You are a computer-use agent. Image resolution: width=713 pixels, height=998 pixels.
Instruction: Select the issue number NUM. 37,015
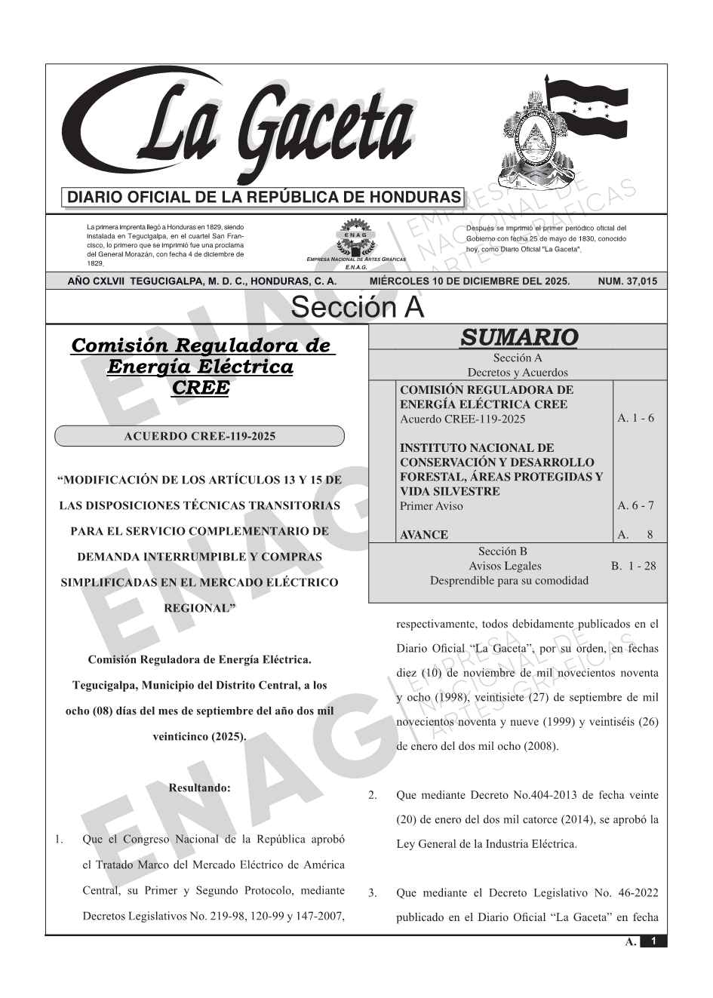pos(627,281)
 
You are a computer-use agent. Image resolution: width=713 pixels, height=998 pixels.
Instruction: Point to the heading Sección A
pos(357,308)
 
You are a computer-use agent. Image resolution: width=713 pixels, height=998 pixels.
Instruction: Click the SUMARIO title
pos(518,337)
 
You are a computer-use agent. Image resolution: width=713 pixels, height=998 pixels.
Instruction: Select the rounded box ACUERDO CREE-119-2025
pos(199,436)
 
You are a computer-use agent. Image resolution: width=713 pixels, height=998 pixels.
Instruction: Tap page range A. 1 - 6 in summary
pos(635,418)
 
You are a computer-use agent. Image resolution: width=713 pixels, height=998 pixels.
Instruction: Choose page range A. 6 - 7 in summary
pos(635,505)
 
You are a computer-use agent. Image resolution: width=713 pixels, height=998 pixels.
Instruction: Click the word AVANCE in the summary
pos(424,535)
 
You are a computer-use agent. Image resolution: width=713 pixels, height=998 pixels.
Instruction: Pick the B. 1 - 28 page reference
pos(633,566)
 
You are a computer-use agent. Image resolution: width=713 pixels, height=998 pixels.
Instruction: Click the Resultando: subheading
pos(199,788)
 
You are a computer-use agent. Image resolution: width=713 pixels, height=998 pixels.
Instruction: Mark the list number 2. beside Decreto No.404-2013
pos(372,795)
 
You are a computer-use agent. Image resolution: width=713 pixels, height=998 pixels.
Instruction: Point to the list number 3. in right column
pos(372,894)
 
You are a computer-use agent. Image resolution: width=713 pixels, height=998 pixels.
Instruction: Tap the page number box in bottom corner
pos(653,941)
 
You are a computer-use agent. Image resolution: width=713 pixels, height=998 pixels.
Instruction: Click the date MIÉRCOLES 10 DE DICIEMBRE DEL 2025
pos(469,281)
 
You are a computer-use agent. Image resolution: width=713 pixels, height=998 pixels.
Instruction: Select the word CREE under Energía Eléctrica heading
pos(199,388)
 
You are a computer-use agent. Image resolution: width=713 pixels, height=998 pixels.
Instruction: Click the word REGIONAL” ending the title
pos(199,608)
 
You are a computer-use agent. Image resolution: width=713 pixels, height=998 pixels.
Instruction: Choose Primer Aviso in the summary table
pos(432,505)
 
